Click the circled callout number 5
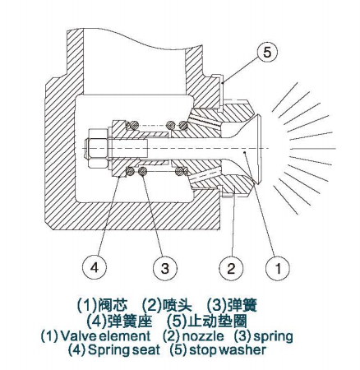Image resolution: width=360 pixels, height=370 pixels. click(x=266, y=52)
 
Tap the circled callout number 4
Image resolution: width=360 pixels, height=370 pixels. click(x=95, y=267)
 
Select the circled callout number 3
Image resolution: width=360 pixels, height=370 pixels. click(x=164, y=268)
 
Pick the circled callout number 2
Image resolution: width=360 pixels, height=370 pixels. click(x=231, y=268)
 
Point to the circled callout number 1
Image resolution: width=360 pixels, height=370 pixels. click(x=278, y=268)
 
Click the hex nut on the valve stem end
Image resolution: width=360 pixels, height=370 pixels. click(x=97, y=149)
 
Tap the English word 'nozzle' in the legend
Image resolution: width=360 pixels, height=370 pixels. click(x=203, y=336)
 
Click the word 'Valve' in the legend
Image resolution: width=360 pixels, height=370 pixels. click(x=78, y=336)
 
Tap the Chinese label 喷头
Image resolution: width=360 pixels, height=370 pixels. click(x=178, y=304)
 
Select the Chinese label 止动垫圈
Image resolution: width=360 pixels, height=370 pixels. click(x=218, y=321)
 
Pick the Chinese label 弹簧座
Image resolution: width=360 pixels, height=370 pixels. click(x=130, y=321)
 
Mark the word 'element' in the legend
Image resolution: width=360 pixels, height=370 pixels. click(x=125, y=336)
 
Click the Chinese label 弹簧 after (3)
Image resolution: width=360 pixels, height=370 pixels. click(x=242, y=304)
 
